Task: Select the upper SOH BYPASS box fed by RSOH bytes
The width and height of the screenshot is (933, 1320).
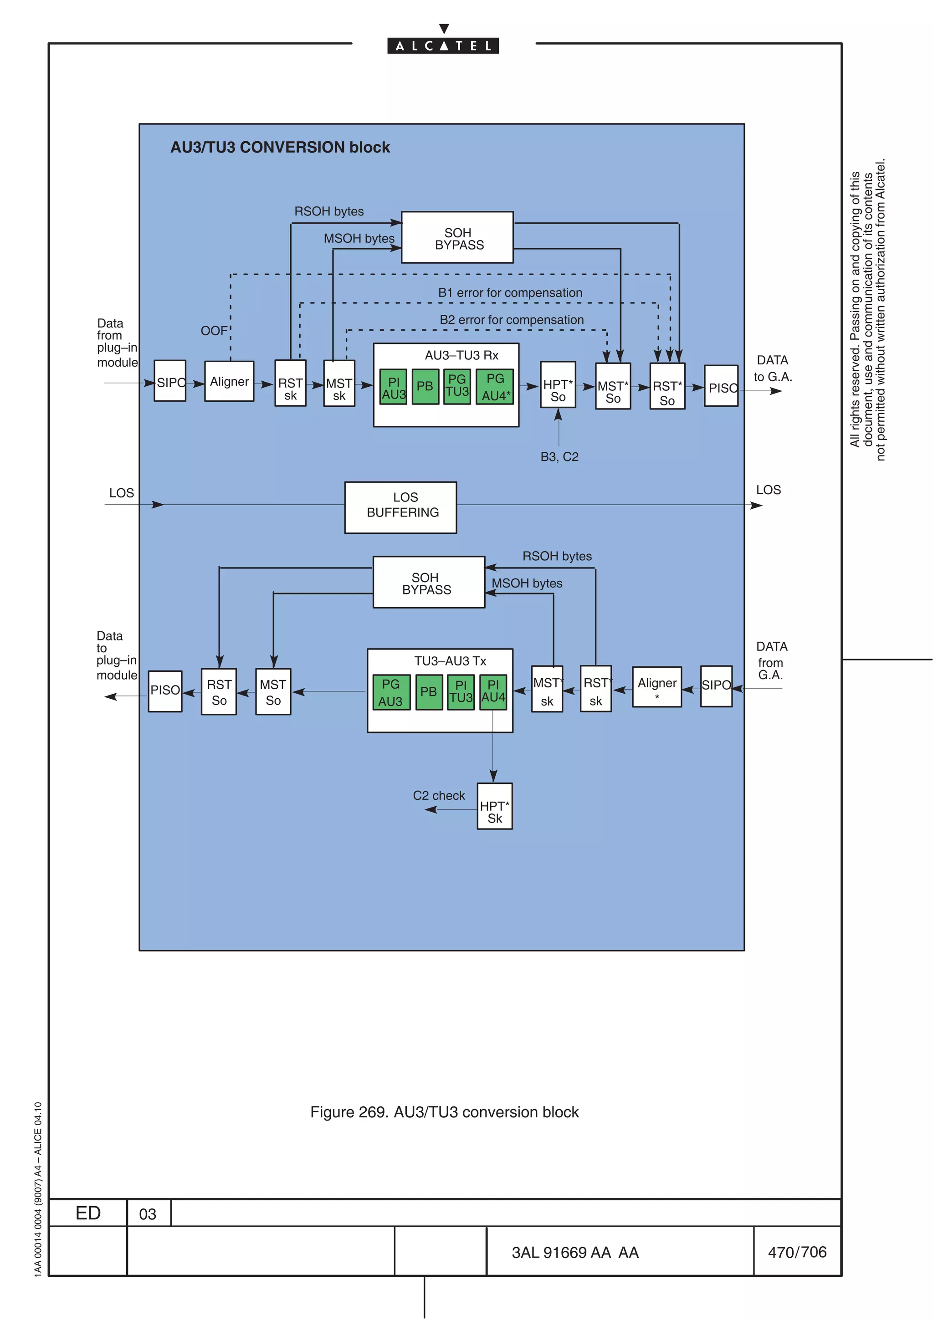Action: pos(457,237)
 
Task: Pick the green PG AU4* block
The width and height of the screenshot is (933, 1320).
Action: pos(494,387)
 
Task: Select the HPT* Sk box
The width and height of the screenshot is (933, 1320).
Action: pos(494,806)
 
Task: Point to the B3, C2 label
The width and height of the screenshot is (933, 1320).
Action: pos(559,457)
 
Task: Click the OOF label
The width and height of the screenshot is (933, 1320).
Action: pos(214,331)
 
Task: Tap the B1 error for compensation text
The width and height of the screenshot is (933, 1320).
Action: pos(510,293)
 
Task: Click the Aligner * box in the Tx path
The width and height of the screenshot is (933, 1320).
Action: pos(656,687)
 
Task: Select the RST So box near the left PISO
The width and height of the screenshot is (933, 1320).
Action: pos(219,691)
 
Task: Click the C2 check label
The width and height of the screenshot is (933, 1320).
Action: pos(439,796)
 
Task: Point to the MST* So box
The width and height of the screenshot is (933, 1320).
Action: pos(613,386)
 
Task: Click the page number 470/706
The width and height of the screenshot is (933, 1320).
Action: pos(797,1252)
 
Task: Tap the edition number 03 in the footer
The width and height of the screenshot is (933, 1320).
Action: pos(148,1214)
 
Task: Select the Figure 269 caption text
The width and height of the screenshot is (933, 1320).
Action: pos(444,1112)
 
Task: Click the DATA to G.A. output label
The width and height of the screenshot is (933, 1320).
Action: pos(772,368)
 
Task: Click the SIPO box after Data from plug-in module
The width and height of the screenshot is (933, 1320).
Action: pos(170,381)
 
